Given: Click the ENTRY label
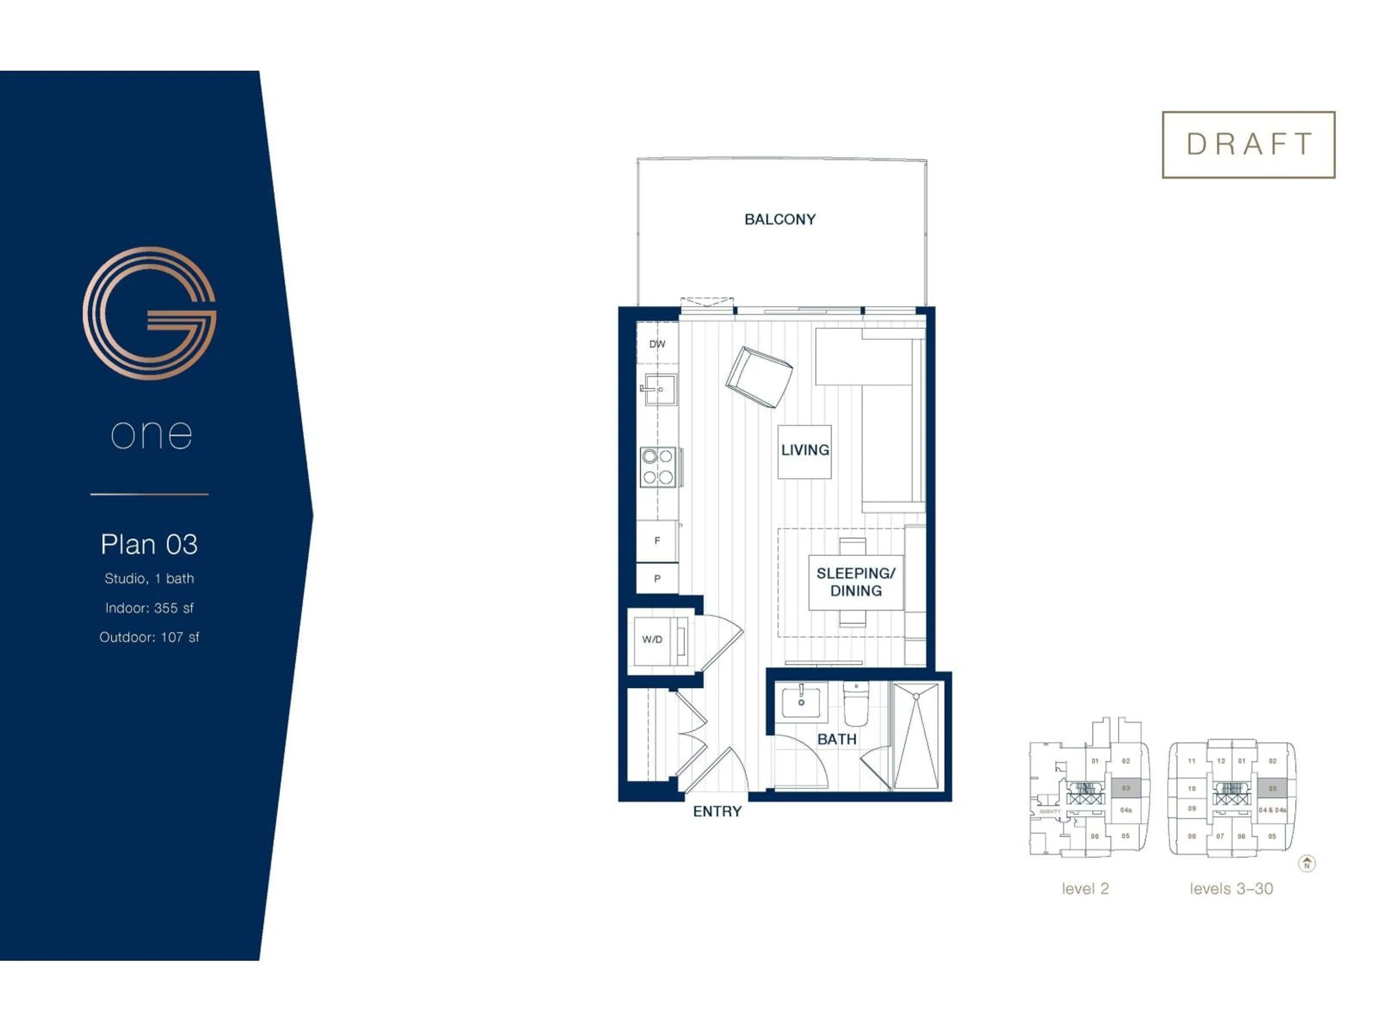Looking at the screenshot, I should click(717, 811).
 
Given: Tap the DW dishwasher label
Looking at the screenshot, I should click(657, 344).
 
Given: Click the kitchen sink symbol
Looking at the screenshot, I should click(659, 390).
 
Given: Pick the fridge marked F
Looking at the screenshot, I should click(657, 541).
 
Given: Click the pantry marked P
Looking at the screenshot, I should click(657, 578).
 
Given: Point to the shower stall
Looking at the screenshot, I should click(916, 736).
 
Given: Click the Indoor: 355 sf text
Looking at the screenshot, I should click(149, 608).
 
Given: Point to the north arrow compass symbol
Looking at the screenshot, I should click(1306, 864).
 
